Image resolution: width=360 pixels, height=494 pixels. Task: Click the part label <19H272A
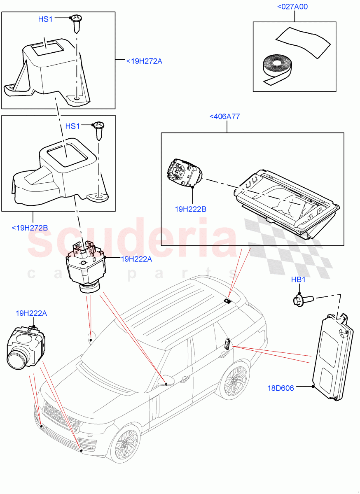click(144, 61)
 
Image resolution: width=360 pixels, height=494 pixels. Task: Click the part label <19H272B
click(30, 228)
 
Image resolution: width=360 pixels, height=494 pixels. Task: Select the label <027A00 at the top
click(293, 7)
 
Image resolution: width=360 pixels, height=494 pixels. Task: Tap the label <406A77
click(224, 117)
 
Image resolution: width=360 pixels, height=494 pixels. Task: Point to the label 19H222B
click(190, 209)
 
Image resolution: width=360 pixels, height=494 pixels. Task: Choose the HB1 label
click(298, 280)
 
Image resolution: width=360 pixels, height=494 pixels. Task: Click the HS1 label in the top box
click(45, 19)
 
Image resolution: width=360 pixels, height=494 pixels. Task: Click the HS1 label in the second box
click(72, 126)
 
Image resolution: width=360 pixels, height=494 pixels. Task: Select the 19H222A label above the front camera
click(31, 313)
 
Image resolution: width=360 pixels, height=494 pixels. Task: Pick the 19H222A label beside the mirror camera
click(136, 259)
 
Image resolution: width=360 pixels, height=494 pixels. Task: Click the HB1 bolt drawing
click(302, 300)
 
